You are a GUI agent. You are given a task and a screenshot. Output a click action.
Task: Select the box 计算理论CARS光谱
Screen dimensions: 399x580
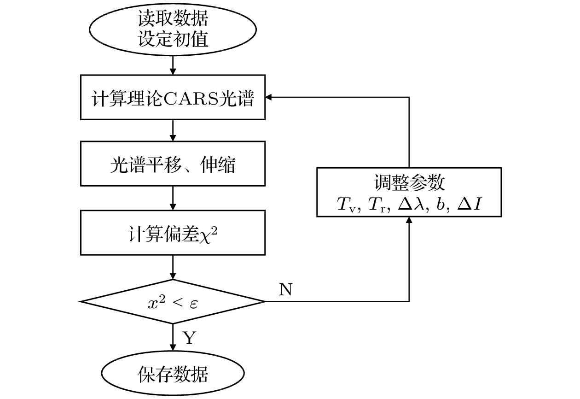click(173, 98)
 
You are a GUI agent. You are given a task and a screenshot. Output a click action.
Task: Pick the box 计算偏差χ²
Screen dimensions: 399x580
click(173, 233)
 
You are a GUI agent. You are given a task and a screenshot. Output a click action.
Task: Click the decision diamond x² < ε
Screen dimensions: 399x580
click(173, 302)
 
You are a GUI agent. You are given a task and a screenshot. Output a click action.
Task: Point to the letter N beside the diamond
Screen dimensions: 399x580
click(285, 289)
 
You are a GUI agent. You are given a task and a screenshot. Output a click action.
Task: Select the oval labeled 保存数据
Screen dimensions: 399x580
click(173, 373)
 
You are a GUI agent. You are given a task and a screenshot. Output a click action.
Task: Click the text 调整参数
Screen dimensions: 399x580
click(409, 183)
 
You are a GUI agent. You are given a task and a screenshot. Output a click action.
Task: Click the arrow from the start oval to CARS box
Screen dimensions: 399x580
click(173, 65)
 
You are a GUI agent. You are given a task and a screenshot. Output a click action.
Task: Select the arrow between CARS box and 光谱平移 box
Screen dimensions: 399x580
click(173, 131)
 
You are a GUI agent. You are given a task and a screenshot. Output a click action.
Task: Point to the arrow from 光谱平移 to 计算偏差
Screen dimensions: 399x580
click(173, 199)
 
